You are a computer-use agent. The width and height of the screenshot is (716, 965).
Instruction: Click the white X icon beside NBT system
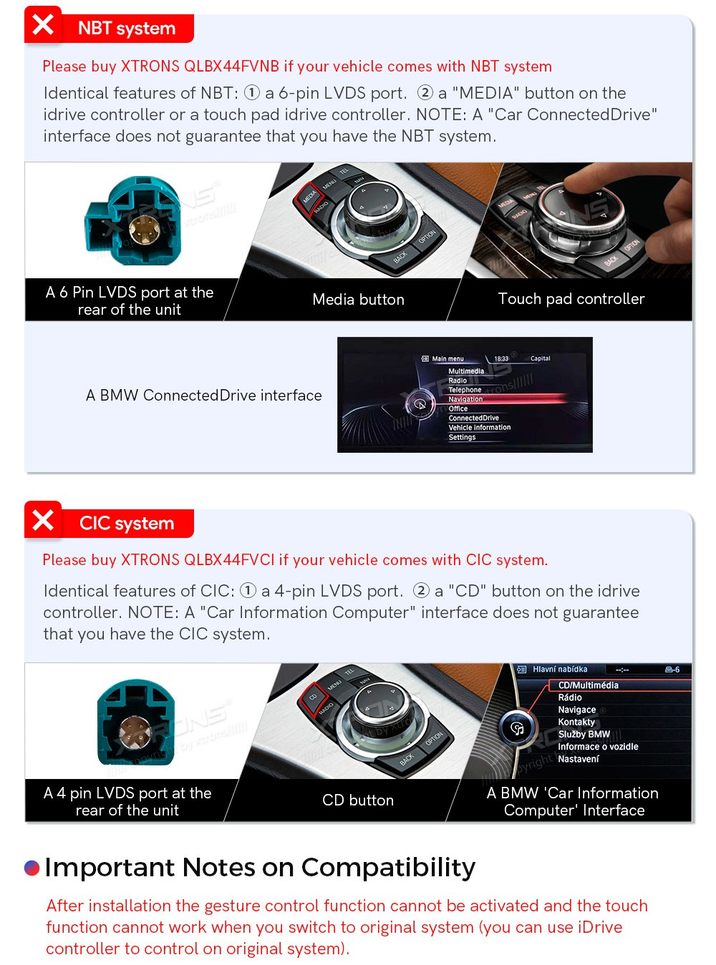tap(43, 25)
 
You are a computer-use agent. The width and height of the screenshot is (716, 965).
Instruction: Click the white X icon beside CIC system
tap(43, 519)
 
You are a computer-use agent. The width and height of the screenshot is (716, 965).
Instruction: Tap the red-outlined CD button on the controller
tap(313, 697)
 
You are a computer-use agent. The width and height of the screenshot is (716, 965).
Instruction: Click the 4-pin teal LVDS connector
tap(136, 722)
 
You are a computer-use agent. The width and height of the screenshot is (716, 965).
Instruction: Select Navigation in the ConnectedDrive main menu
tap(465, 398)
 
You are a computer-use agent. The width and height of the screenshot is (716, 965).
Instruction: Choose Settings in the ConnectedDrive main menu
tap(462, 437)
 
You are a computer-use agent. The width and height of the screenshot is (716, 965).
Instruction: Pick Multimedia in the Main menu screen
tap(466, 371)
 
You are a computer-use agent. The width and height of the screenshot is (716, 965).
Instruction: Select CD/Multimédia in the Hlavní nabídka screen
tap(588, 685)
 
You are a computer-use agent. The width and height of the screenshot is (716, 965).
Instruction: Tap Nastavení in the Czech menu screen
tap(578, 759)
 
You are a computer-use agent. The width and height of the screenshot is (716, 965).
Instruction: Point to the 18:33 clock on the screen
tap(501, 358)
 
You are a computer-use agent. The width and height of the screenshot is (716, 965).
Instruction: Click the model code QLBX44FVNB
tap(231, 66)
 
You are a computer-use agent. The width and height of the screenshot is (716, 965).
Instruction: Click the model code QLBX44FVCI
tap(229, 559)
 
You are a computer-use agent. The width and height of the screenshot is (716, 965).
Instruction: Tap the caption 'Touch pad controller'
tap(571, 298)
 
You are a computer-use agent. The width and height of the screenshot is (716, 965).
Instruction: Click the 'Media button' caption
tap(358, 299)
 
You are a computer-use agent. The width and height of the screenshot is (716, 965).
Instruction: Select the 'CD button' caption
tap(357, 800)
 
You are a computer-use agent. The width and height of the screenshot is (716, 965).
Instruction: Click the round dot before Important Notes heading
tap(32, 868)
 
